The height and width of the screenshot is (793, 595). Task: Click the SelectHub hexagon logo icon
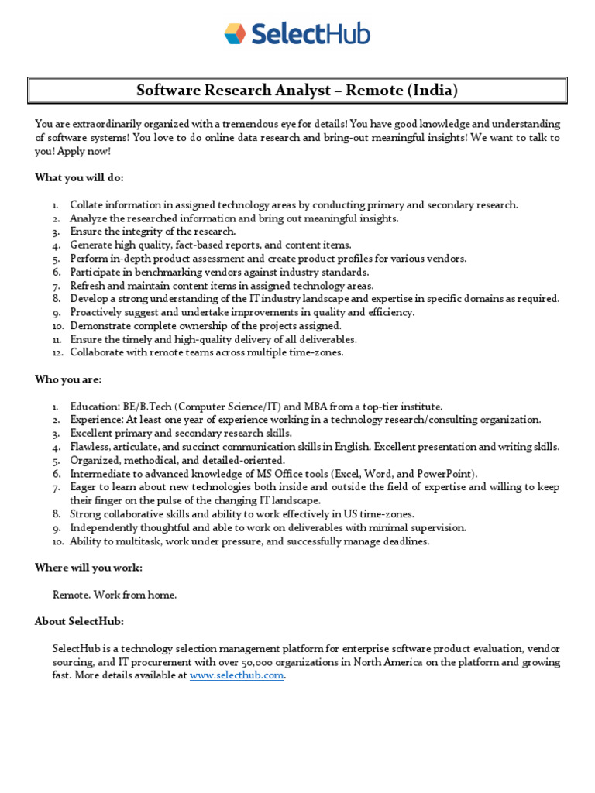pyautogui.click(x=235, y=33)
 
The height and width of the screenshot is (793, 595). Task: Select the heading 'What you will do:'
pyautogui.click(x=79, y=177)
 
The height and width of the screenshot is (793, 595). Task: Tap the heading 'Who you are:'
pyautogui.click(x=68, y=379)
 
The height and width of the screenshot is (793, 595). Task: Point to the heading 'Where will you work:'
pyautogui.click(x=88, y=568)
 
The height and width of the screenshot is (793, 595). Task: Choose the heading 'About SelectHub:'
pyautogui.click(x=79, y=621)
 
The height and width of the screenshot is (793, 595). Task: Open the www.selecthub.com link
pyautogui.click(x=237, y=675)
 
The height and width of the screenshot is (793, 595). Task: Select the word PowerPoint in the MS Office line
pyautogui.click(x=447, y=473)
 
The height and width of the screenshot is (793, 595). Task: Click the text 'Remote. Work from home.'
pyautogui.click(x=115, y=595)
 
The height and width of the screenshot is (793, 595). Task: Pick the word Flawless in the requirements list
pyautogui.click(x=90, y=447)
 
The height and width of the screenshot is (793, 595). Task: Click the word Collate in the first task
pyautogui.click(x=87, y=204)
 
